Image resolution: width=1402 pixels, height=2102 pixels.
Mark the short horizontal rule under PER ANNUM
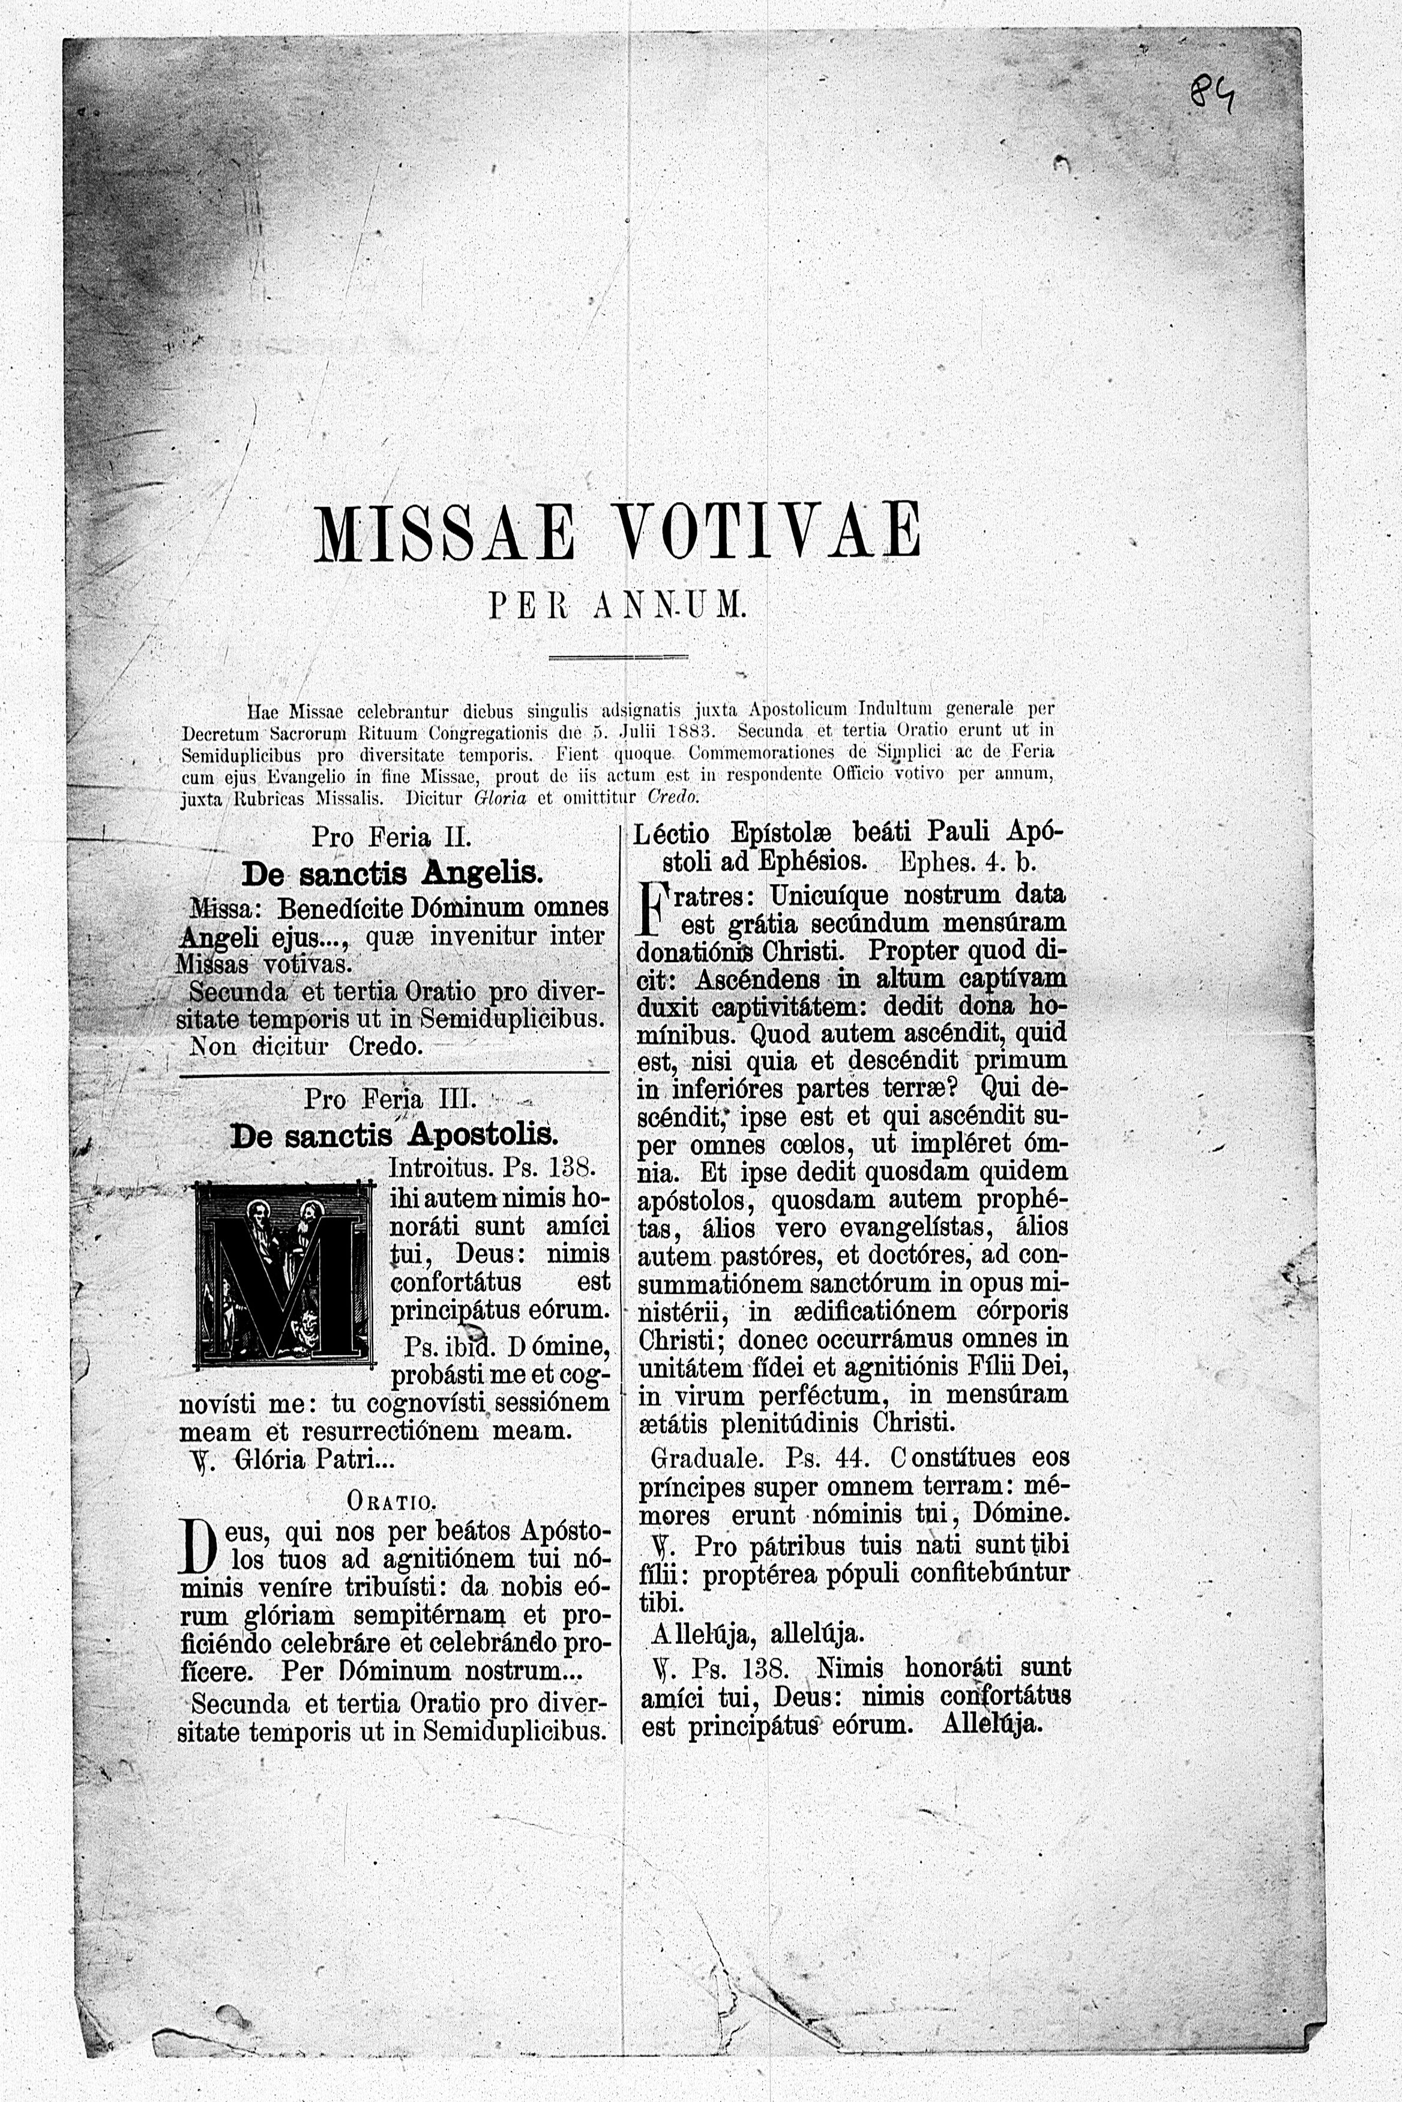pyautogui.click(x=618, y=658)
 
